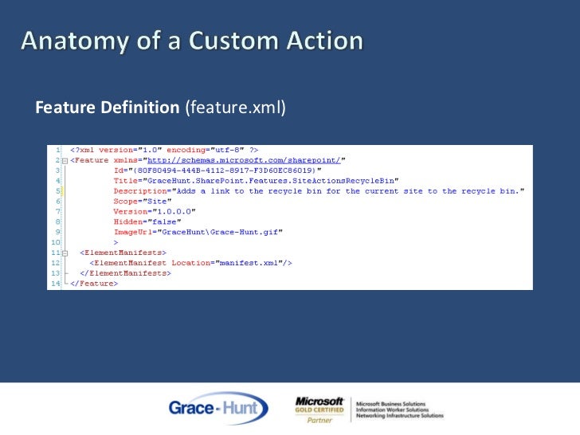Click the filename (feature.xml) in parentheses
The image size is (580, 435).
coord(235,108)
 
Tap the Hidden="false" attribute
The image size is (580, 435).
coord(146,221)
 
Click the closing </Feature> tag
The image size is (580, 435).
coord(94,283)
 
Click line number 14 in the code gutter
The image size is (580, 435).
coord(55,283)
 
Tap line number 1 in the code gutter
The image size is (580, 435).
coord(58,150)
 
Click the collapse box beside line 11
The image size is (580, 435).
coord(65,253)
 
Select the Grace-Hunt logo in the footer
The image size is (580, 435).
coord(217,409)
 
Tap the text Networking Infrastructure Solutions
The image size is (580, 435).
coord(400,416)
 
